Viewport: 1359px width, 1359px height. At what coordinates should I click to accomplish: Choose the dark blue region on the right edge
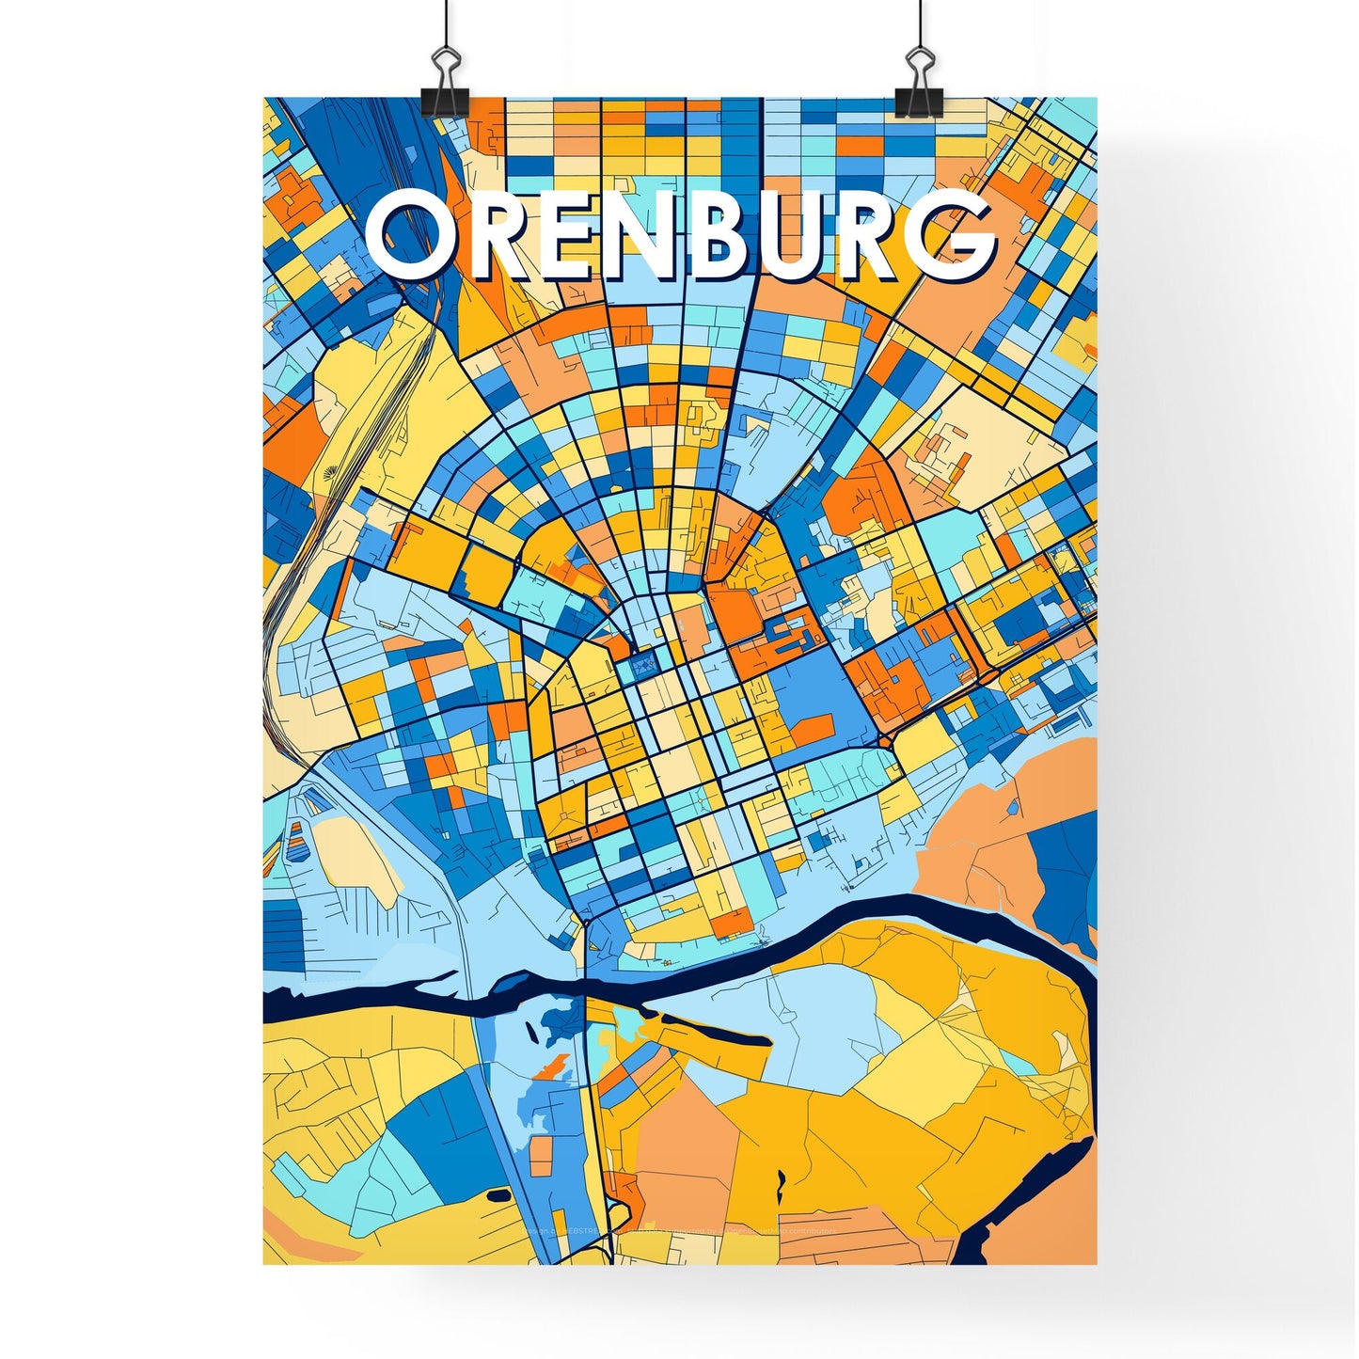(x=1067, y=865)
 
